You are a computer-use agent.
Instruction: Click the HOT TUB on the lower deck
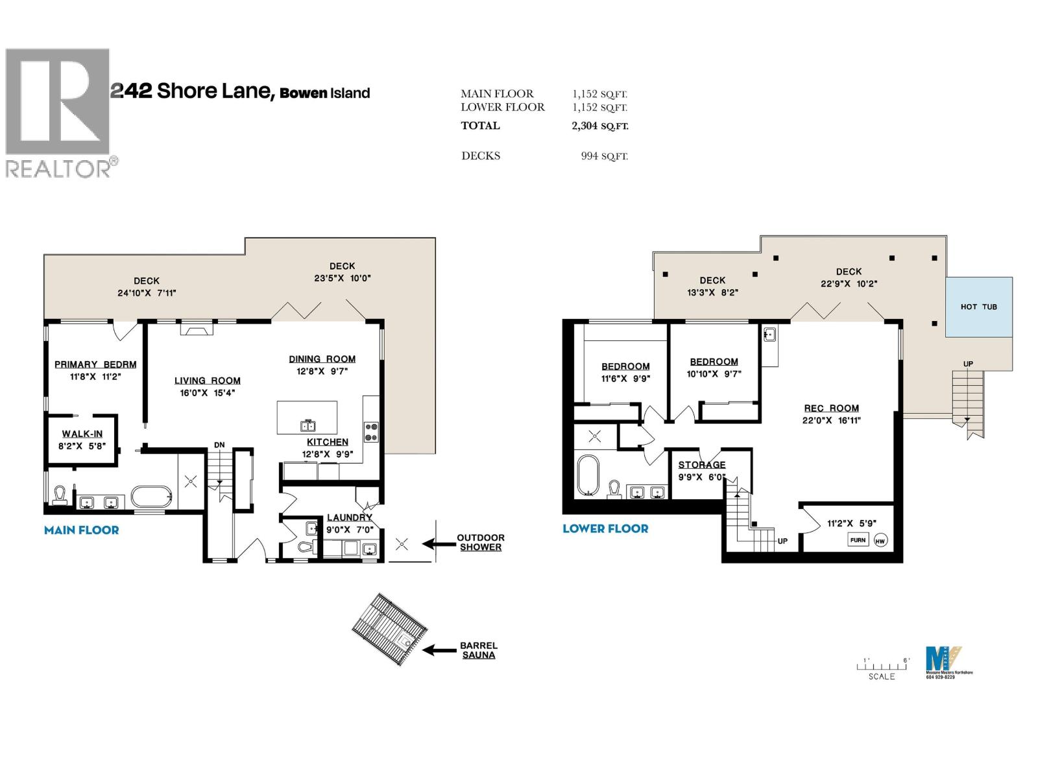pos(978,307)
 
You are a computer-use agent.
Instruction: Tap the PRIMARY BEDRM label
pos(95,364)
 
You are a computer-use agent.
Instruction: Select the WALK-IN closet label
pos(82,434)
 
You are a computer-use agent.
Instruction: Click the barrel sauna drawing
pos(390,629)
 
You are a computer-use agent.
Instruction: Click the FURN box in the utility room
pos(858,539)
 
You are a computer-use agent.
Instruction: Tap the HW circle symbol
pos(880,541)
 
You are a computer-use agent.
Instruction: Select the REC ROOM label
pos(831,408)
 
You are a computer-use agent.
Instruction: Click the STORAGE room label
pos(701,465)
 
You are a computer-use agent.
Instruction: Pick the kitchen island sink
pos(308,425)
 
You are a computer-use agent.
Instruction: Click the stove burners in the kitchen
pos(371,432)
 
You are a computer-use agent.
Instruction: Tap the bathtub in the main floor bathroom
pos(151,497)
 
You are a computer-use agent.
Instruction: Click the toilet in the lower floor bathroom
pos(614,489)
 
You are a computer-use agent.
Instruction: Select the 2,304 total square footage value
pos(584,126)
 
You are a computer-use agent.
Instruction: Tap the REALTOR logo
pos(58,112)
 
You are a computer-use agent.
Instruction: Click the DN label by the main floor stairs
pos(219,445)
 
